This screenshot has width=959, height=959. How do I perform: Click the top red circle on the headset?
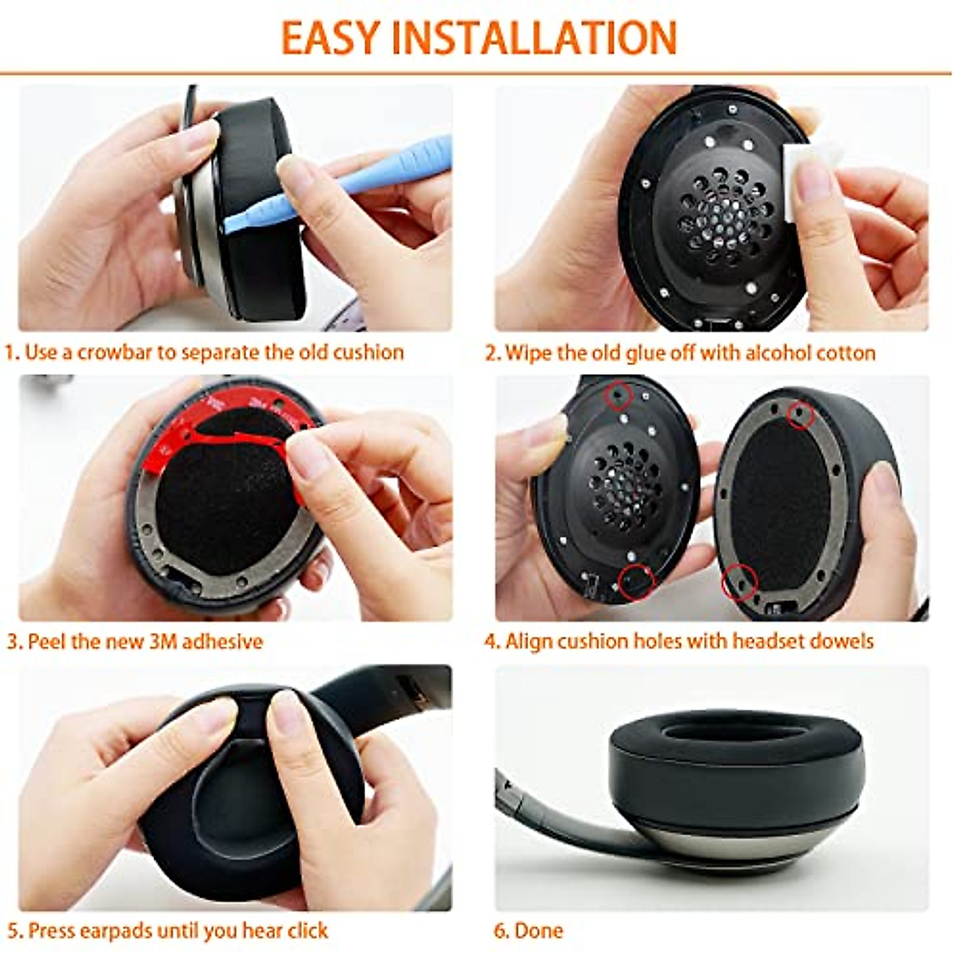[x=619, y=395]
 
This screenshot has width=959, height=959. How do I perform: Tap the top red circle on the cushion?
[x=800, y=414]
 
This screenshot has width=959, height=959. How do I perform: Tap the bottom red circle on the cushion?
[x=738, y=583]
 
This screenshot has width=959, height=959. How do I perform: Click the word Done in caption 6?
[x=539, y=931]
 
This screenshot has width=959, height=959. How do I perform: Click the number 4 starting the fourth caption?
[x=491, y=641]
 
